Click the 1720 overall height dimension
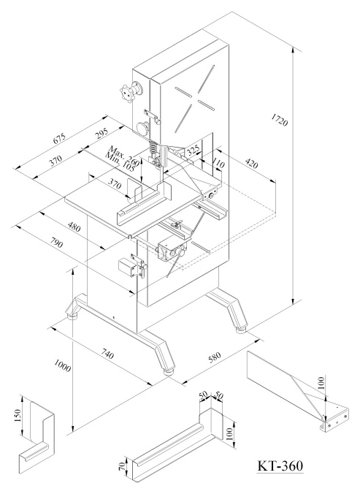tap(280, 120)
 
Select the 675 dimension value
tap(59, 138)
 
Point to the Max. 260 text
tap(123, 156)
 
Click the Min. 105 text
tap(120, 161)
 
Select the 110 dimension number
tap(218, 164)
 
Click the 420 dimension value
tap(251, 164)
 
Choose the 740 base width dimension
tap(107, 354)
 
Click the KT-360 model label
tap(280, 465)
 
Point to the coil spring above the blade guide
tap(153, 146)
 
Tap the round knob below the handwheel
tap(143, 128)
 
